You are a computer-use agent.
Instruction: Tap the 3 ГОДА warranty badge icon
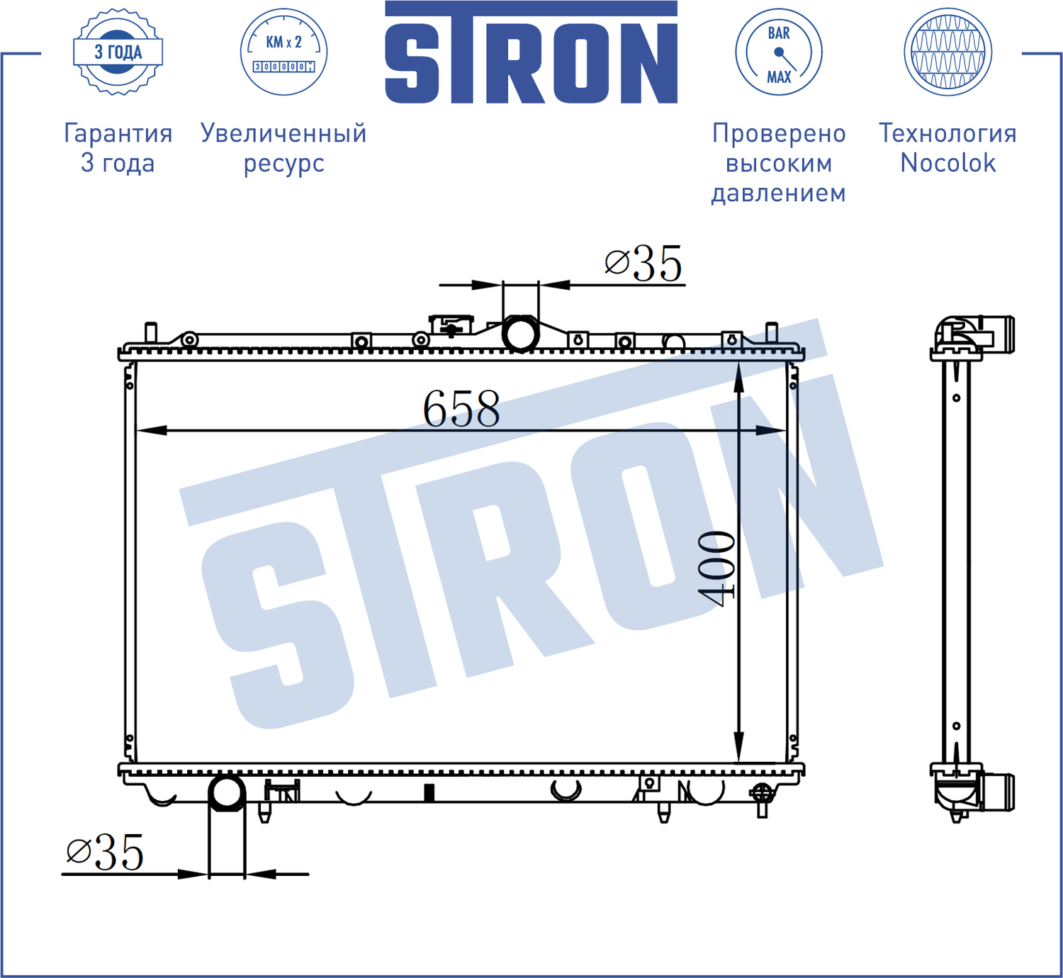pyautogui.click(x=118, y=52)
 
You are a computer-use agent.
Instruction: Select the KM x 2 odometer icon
pyautogui.click(x=283, y=52)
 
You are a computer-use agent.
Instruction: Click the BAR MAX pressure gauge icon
pyautogui.click(x=778, y=52)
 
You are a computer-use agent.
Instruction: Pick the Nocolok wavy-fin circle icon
pyautogui.click(x=947, y=52)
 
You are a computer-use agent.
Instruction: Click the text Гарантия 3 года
pyautogui.click(x=118, y=147)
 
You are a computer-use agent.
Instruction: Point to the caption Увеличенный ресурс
pyautogui.click(x=283, y=147)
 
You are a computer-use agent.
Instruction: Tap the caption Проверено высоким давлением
pyautogui.click(x=778, y=162)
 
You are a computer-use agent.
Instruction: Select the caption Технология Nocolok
pyautogui.click(x=947, y=147)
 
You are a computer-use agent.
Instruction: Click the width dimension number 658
pyautogui.click(x=461, y=409)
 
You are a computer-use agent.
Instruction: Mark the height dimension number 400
pyautogui.click(x=716, y=568)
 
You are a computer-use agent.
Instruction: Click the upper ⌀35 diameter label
pyautogui.click(x=643, y=264)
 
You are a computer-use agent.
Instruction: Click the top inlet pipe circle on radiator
pyautogui.click(x=520, y=334)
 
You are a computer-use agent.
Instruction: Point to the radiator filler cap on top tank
pyautogui.click(x=451, y=326)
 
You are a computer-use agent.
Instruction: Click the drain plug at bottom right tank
pyautogui.click(x=762, y=797)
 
